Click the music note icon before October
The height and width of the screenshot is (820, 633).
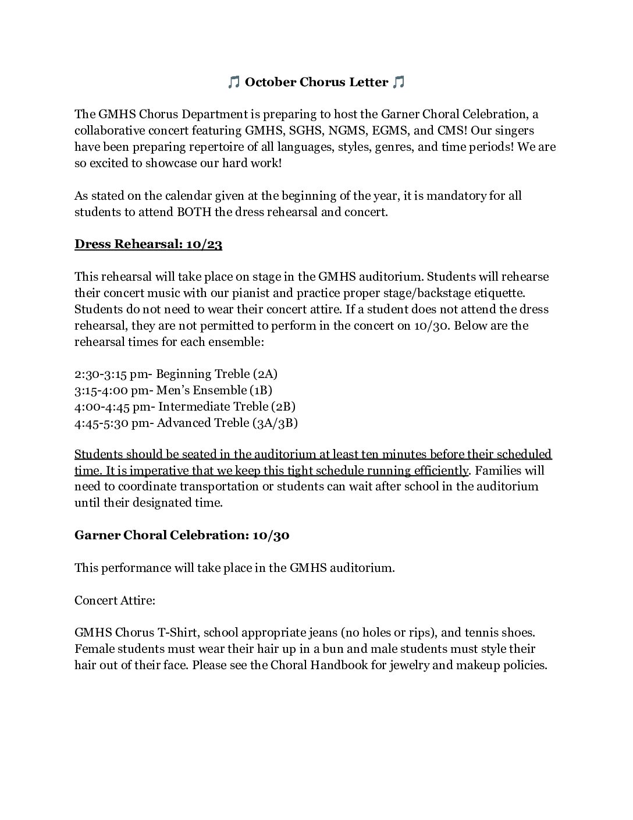[x=233, y=83]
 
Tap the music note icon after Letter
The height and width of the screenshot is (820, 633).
[x=399, y=83]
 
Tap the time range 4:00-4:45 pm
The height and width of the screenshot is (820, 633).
[x=112, y=407]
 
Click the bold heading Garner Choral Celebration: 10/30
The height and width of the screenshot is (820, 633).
[x=182, y=536]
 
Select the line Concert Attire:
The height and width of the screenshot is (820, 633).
[x=115, y=600]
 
